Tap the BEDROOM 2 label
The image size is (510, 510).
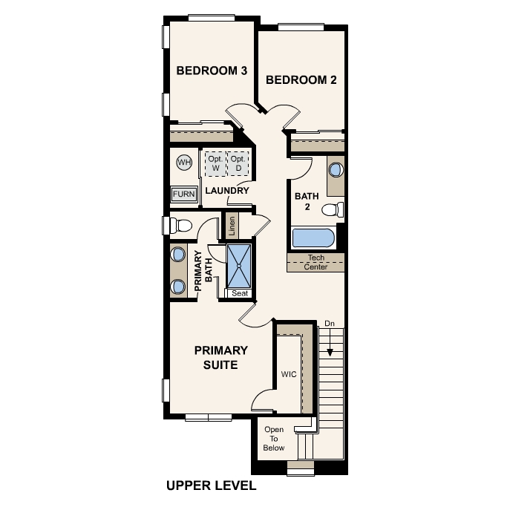coord(301,80)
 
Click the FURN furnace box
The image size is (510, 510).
coord(184,194)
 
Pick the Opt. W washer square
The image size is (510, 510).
coord(215,164)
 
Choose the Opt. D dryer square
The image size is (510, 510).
coord(238,164)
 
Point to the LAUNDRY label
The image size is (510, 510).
coord(226,191)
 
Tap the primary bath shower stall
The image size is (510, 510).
coord(240,264)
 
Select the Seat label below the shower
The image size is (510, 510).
coord(239,293)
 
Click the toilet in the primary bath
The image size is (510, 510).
coord(180,224)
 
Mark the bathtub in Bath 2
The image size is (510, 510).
coord(313,239)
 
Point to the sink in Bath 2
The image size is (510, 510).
coord(336,169)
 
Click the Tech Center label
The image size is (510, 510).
coord(316,262)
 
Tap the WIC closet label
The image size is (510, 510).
coord(289,374)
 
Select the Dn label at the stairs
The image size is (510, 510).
coord(330,324)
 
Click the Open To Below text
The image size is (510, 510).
coord(274,439)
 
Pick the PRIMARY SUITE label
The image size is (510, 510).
coord(221,357)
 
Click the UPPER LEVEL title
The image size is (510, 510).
coord(211,486)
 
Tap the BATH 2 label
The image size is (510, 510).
coord(306,201)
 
